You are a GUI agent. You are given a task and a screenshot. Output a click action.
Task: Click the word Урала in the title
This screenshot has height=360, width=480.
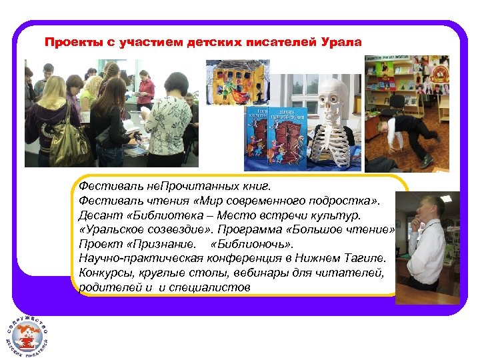(x=342, y=43)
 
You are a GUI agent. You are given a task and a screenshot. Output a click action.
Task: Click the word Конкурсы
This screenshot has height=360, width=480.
(x=104, y=272)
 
